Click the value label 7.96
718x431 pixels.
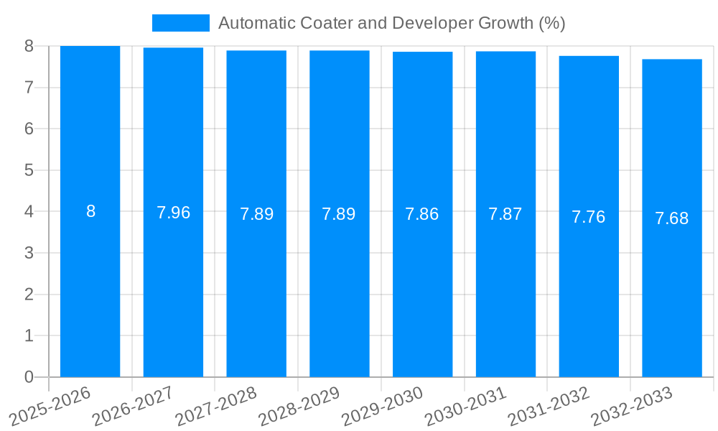click(x=173, y=213)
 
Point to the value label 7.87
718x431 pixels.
click(x=505, y=214)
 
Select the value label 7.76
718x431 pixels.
click(x=588, y=217)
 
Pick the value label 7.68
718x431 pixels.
click(x=671, y=218)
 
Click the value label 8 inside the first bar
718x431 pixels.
click(x=90, y=211)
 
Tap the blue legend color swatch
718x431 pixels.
click(x=180, y=23)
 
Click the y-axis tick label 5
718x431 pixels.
click(x=29, y=170)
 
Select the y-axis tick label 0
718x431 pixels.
click(x=29, y=377)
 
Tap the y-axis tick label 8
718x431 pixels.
click(x=29, y=46)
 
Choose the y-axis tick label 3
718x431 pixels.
click(x=29, y=253)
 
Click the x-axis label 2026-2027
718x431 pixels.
click(x=133, y=406)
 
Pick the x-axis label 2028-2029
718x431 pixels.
click(x=299, y=406)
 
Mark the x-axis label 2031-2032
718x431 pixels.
click(x=549, y=406)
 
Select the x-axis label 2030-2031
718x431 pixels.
click(x=465, y=406)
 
